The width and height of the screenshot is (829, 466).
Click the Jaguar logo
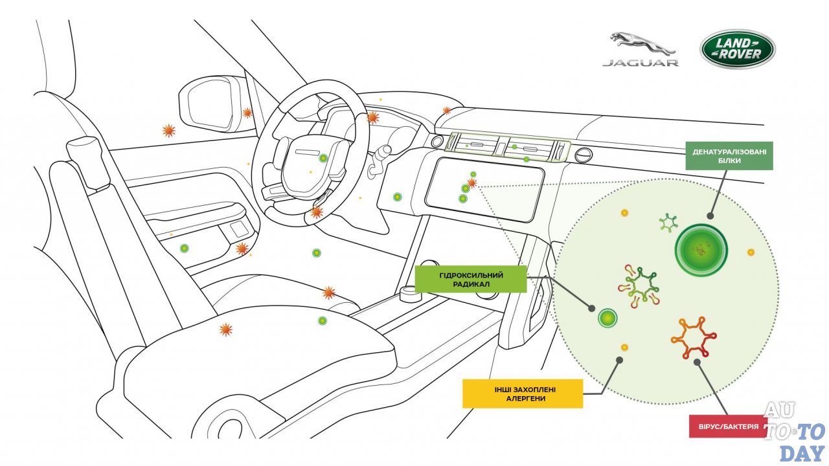click(x=640, y=50)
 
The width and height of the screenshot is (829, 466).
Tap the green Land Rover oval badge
click(x=737, y=49)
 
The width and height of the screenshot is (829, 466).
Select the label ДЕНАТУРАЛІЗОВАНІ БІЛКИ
click(x=729, y=156)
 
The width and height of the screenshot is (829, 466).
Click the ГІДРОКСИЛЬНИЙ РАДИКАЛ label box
click(x=470, y=278)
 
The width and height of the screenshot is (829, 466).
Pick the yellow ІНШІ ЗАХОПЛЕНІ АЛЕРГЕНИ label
click(x=522, y=394)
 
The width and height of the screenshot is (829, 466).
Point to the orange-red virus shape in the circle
click(x=694, y=338)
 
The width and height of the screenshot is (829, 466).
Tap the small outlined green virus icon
click(x=668, y=223)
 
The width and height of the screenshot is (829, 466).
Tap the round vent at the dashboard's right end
click(x=583, y=155)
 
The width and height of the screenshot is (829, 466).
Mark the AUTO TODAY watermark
click(x=795, y=430)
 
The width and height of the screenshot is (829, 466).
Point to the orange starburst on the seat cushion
click(x=225, y=329)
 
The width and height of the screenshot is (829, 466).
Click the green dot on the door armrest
click(x=185, y=248)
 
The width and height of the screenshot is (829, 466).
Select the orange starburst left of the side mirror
click(x=168, y=131)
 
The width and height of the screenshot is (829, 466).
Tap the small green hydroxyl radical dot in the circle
click(x=607, y=318)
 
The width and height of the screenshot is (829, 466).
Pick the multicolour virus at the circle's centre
click(x=640, y=285)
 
